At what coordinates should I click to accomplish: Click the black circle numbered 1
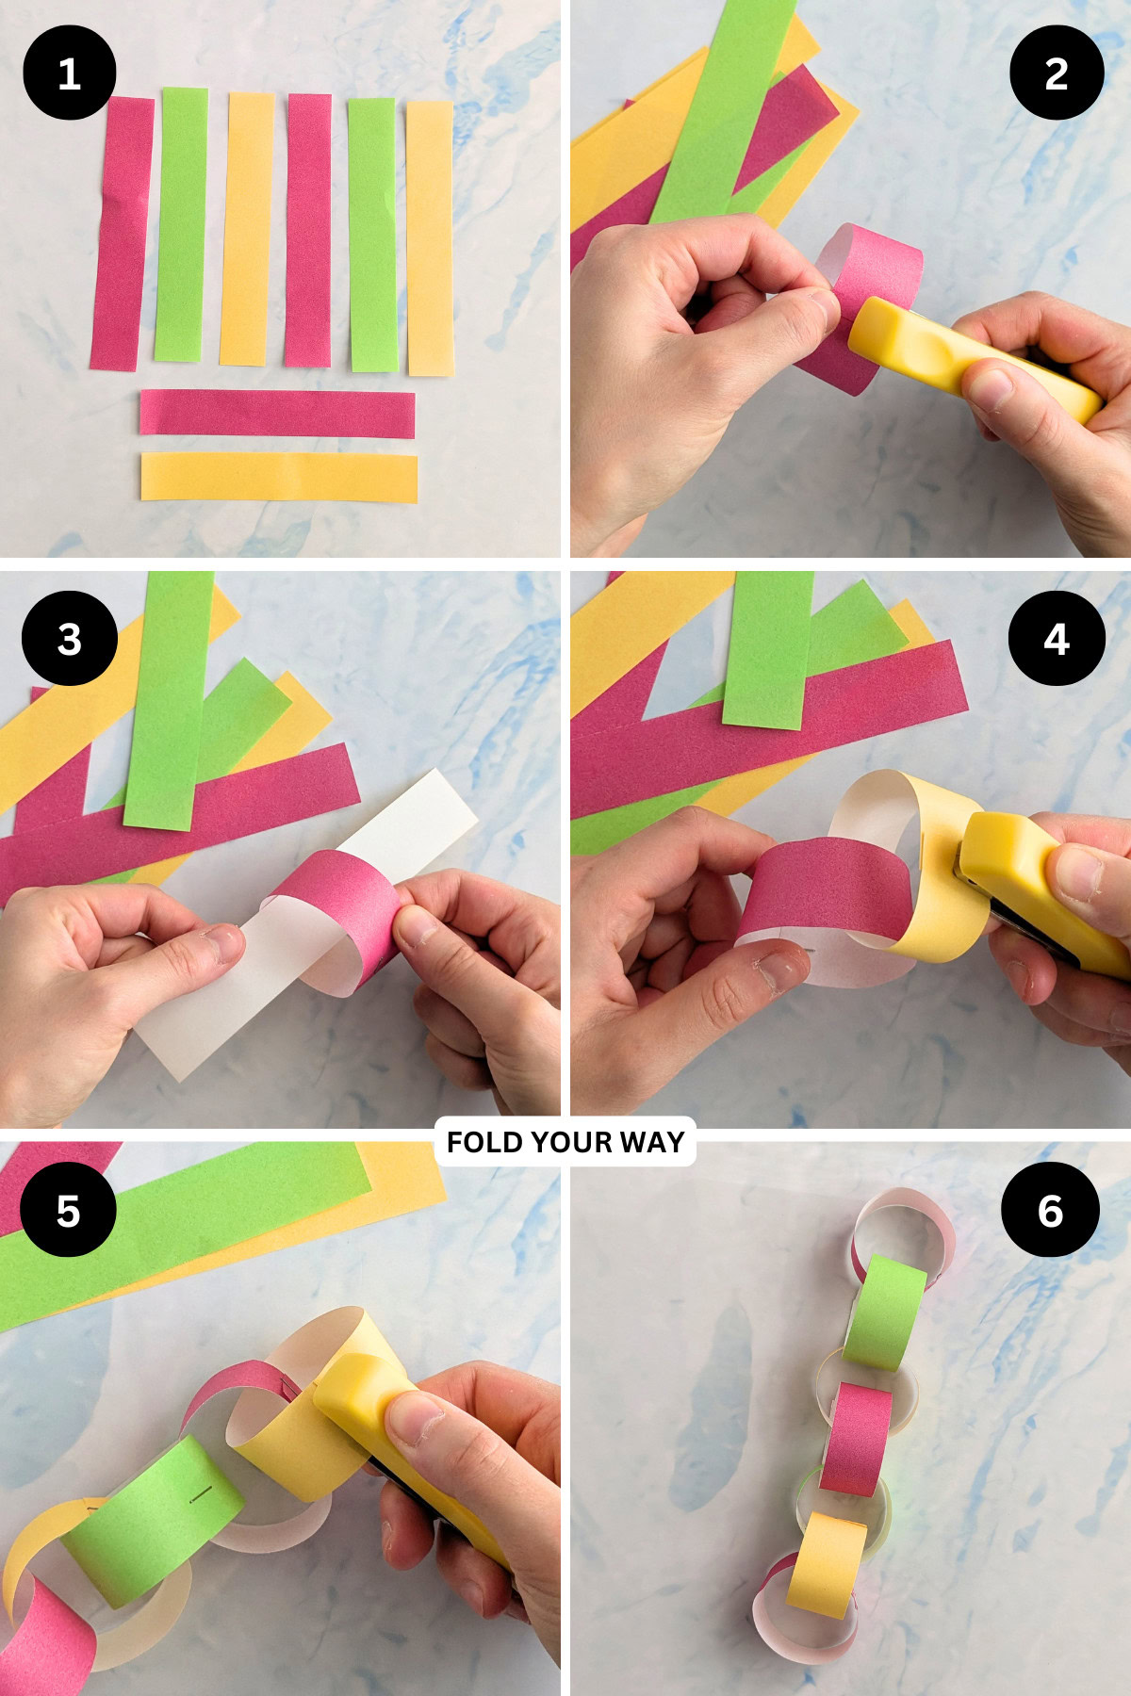(x=69, y=73)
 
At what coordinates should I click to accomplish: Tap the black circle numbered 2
(x=1056, y=73)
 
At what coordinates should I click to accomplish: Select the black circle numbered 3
(x=69, y=639)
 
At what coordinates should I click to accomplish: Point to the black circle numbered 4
(x=1056, y=639)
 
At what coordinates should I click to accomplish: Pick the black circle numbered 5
(x=68, y=1210)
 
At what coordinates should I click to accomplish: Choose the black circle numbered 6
(x=1050, y=1210)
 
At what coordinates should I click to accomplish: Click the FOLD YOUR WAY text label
(x=565, y=1142)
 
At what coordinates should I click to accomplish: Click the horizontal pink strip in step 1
(x=277, y=414)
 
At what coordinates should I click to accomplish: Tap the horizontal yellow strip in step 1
(x=279, y=477)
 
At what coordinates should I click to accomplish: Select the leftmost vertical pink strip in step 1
(x=122, y=234)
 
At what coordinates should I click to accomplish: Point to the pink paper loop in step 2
(x=872, y=283)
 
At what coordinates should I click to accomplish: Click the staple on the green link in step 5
(x=201, y=1497)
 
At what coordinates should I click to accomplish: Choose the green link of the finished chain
(x=884, y=1313)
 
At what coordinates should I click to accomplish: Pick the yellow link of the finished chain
(x=825, y=1564)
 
